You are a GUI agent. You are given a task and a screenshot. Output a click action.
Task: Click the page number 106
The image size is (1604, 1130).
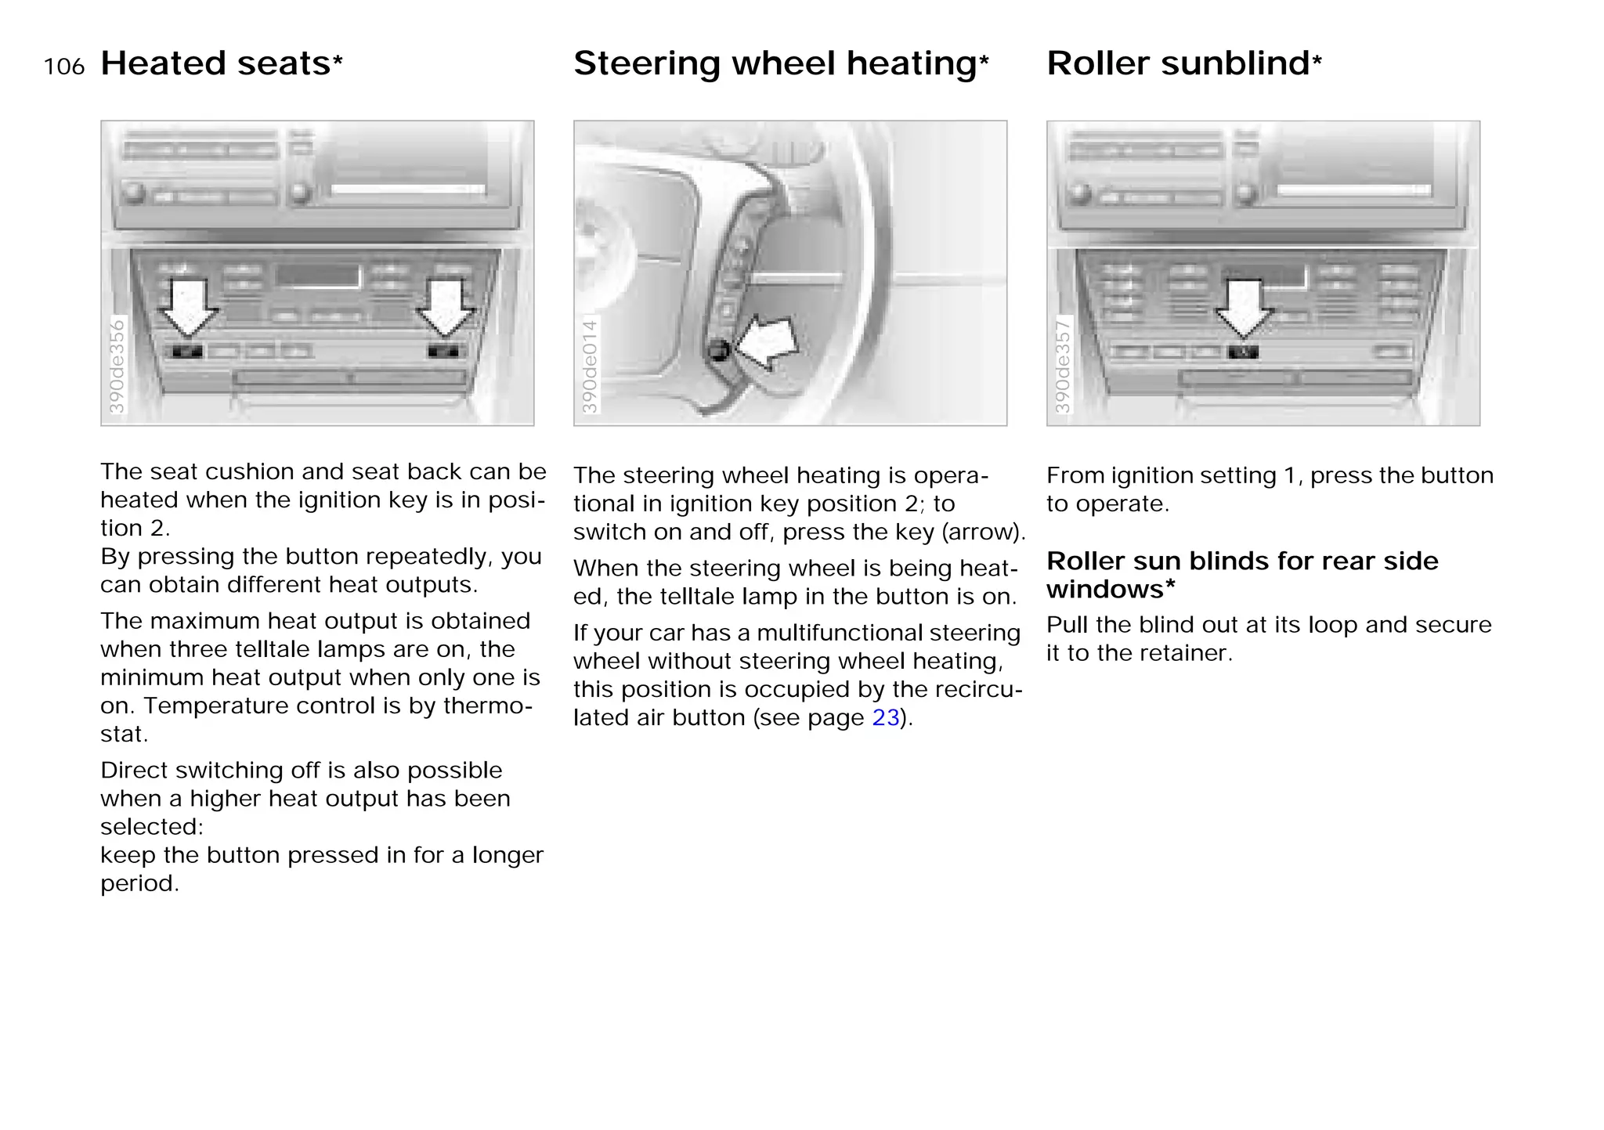click(64, 67)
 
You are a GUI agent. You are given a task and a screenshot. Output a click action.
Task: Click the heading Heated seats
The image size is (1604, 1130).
click(216, 63)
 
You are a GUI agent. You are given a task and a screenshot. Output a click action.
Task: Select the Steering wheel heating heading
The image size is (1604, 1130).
click(775, 63)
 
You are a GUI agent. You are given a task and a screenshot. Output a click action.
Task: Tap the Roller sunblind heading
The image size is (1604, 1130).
click(1178, 63)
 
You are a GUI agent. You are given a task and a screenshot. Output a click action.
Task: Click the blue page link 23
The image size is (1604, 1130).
click(885, 717)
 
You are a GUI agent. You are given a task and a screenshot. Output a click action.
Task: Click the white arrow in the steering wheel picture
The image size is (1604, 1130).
click(768, 343)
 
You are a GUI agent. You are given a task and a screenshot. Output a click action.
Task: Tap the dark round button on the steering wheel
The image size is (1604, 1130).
click(718, 351)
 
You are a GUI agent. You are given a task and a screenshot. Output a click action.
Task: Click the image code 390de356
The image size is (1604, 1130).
click(117, 366)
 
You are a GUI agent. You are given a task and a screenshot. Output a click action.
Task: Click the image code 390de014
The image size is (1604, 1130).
click(590, 366)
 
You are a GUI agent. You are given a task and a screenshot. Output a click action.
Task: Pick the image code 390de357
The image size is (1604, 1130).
click(1063, 366)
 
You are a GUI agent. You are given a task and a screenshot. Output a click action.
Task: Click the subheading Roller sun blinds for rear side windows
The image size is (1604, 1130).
click(1242, 575)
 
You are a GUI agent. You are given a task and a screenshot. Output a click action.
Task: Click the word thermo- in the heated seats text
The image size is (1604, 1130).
click(487, 706)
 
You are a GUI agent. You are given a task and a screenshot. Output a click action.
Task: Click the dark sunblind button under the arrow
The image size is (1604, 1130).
click(1244, 352)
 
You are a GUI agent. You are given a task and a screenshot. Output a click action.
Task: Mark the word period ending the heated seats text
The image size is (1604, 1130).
click(138, 883)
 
